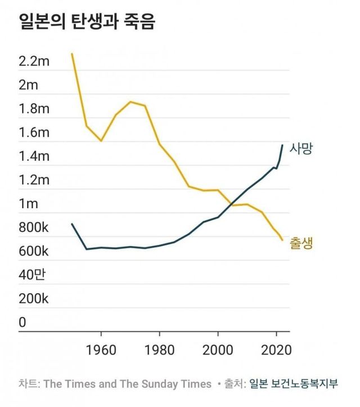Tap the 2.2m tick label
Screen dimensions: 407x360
click(35, 61)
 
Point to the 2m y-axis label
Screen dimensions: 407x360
click(28, 86)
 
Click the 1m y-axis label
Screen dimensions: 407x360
click(28, 204)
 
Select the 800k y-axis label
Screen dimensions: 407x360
click(34, 228)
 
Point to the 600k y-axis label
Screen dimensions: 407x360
click(34, 252)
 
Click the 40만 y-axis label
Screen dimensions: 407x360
click(31, 275)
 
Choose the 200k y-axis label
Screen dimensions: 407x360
click(34, 299)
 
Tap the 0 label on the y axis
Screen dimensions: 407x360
click(22, 323)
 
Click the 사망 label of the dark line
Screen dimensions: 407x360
click(301, 149)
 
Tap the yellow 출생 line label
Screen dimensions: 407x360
click(301, 243)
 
